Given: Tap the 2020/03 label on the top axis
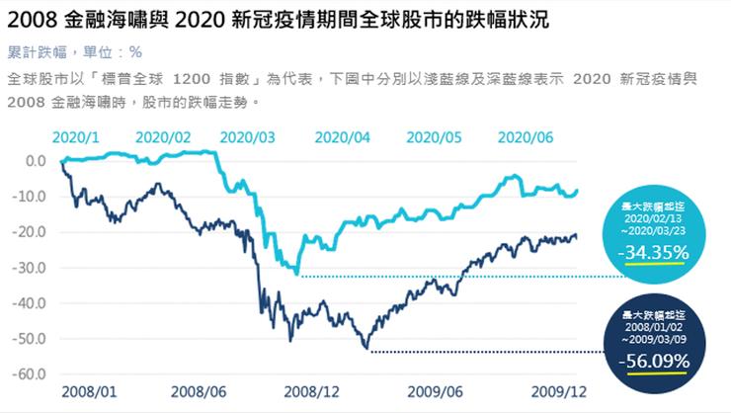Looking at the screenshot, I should (249, 138).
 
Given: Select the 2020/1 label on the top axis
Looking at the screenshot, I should (75, 138).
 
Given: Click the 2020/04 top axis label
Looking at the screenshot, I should (342, 138).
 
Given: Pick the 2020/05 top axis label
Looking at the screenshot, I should (436, 138).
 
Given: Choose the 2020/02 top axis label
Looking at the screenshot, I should (163, 138).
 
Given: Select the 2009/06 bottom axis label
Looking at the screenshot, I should (435, 392).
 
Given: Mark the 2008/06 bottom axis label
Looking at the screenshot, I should (203, 392).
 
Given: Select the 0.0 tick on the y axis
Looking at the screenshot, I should (42, 160).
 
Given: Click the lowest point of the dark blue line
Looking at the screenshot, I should (366, 349).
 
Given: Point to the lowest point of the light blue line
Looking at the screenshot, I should (296, 274).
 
